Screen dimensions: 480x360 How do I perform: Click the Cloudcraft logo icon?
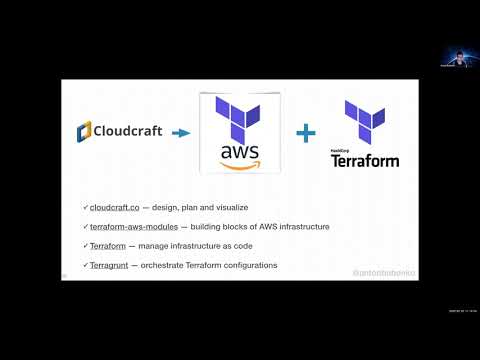click(x=84, y=130)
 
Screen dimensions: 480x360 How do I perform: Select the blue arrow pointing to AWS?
click(x=181, y=131)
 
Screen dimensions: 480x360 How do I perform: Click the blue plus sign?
click(x=305, y=131)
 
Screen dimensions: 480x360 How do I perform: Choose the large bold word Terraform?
click(x=365, y=160)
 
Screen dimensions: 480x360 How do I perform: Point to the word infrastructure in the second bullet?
click(x=298, y=227)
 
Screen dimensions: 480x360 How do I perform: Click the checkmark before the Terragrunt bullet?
click(x=87, y=265)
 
